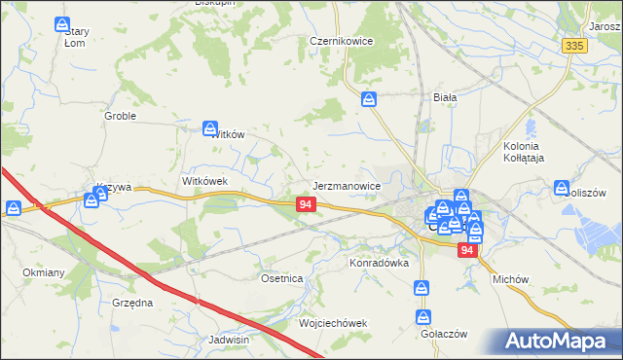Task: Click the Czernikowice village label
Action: click(x=343, y=42)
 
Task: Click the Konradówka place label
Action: click(x=380, y=263)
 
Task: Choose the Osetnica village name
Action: click(x=282, y=278)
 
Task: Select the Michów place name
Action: click(x=510, y=279)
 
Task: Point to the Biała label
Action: click(x=445, y=97)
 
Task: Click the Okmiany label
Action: click(x=43, y=272)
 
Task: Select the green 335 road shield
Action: click(x=575, y=46)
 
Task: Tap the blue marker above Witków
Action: click(x=210, y=126)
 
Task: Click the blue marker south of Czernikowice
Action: click(x=369, y=98)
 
